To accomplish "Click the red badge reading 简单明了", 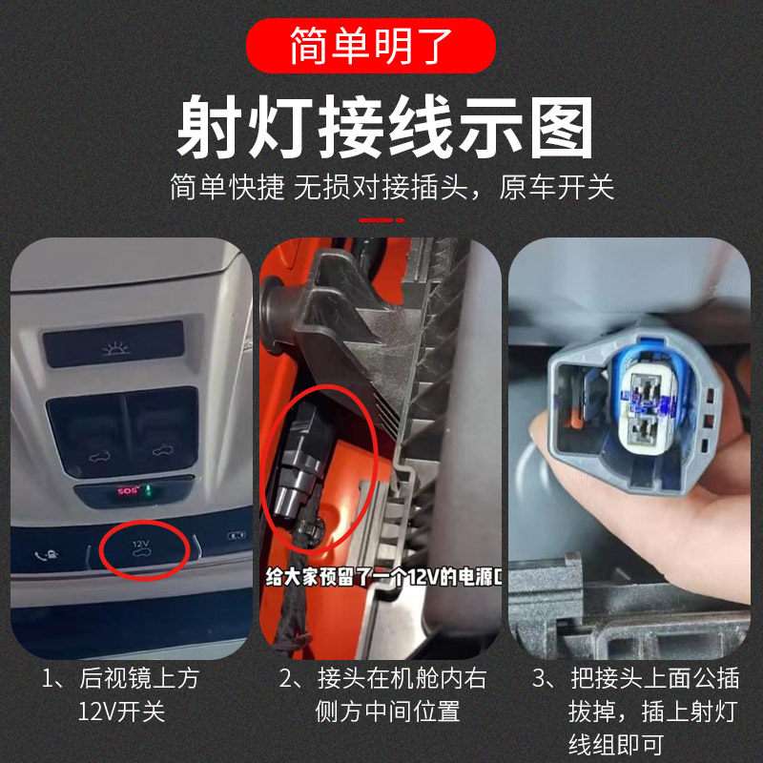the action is click(x=371, y=46).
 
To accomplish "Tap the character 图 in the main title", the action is click(x=561, y=128).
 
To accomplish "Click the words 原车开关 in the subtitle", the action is click(x=556, y=187).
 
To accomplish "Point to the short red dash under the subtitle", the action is click(x=381, y=220).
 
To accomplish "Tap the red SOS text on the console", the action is click(x=128, y=490).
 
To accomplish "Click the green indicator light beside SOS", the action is click(x=150, y=490).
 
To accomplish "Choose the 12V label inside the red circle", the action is click(x=141, y=543).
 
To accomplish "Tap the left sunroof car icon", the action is click(x=99, y=457).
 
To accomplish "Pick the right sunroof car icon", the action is click(x=162, y=450).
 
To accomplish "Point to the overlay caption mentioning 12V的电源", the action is click(x=383, y=577).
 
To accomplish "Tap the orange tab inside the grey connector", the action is click(x=574, y=420).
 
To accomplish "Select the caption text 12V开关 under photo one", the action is click(x=122, y=711).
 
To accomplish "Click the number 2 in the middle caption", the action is click(x=286, y=678).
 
